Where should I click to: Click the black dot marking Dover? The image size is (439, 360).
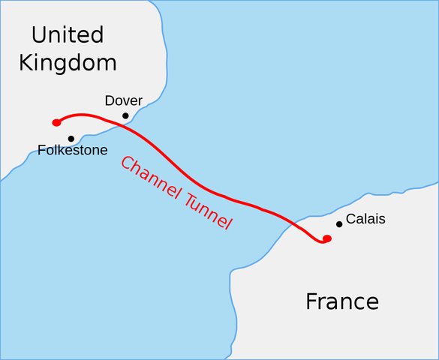(125, 115)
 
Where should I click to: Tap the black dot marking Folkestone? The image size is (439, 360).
(71, 139)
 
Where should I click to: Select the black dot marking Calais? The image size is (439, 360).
(339, 223)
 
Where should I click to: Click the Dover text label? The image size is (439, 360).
(124, 100)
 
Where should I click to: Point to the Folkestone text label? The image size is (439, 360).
(72, 151)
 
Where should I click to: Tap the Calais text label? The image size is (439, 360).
(365, 218)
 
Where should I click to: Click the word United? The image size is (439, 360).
(68, 34)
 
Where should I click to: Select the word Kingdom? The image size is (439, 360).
(68, 62)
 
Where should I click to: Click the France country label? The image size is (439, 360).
(341, 301)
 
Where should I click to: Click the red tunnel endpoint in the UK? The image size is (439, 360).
(56, 122)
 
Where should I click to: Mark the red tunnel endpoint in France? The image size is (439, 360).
(327, 238)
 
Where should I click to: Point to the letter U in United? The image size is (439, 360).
(39, 34)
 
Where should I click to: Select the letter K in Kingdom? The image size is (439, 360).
(26, 62)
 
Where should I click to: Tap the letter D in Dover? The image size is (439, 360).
(110, 100)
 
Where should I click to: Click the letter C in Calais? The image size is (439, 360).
(350, 218)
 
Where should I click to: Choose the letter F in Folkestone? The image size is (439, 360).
(41, 151)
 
